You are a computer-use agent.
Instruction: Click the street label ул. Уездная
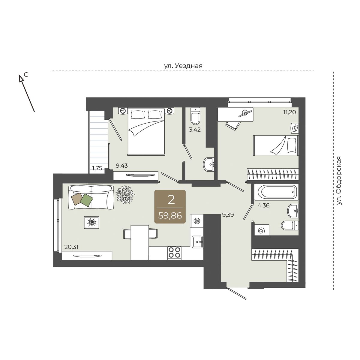183,66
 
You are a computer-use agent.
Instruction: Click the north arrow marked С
27,93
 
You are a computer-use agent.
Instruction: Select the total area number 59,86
170,216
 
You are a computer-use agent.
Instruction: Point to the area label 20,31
71,247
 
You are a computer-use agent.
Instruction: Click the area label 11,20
289,112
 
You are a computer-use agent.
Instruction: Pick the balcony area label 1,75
97,168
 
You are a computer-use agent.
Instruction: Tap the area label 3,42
195,130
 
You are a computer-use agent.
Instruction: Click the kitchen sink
197,242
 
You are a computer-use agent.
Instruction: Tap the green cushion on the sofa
86,200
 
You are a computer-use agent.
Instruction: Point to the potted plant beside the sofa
125,194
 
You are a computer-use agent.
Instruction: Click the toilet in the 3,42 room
195,116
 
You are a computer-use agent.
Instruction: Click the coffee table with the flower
91,222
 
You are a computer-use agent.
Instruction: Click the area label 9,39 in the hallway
228,215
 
